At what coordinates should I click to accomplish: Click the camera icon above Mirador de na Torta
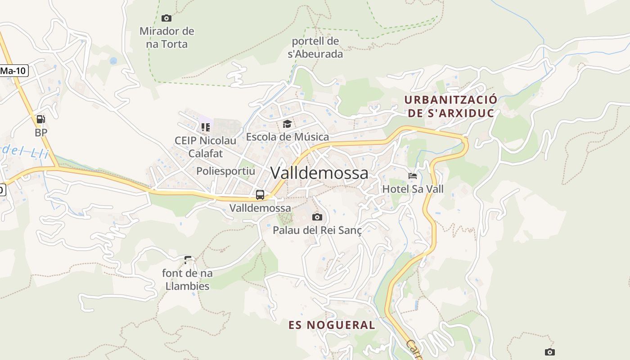pyautogui.click(x=166, y=18)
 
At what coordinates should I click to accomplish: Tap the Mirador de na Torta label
pyautogui.click(x=166, y=38)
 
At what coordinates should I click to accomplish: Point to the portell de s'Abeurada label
pyautogui.click(x=315, y=48)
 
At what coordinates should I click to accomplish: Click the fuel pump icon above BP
pyautogui.click(x=40, y=119)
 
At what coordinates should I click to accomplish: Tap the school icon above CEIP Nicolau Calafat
pyautogui.click(x=206, y=127)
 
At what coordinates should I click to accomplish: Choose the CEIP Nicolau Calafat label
pyautogui.click(x=205, y=147)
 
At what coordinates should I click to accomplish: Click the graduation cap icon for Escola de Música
pyautogui.click(x=287, y=124)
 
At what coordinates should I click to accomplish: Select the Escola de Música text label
pyautogui.click(x=287, y=136)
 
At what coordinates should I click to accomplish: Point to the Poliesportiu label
pyautogui.click(x=225, y=171)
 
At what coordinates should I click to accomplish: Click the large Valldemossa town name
pyautogui.click(x=319, y=173)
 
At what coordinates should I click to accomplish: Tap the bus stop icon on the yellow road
pyautogui.click(x=260, y=195)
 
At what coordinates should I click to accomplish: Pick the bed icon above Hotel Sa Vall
pyautogui.click(x=413, y=176)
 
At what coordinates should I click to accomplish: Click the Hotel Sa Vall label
pyautogui.click(x=413, y=189)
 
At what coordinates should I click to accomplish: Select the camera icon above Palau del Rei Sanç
pyautogui.click(x=317, y=217)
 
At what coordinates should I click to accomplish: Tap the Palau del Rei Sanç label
pyautogui.click(x=317, y=230)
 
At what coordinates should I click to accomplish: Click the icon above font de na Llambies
pyautogui.click(x=188, y=260)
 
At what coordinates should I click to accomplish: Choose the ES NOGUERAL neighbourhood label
pyautogui.click(x=332, y=325)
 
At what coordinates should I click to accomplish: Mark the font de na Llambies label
pyautogui.click(x=187, y=279)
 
